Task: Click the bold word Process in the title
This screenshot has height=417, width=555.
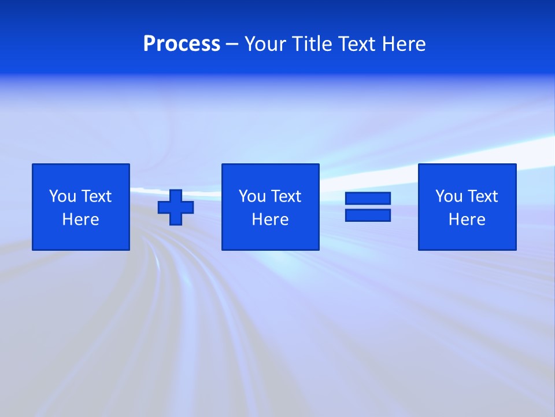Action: pyautogui.click(x=182, y=44)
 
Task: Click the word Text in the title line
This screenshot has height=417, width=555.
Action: pyautogui.click(x=358, y=44)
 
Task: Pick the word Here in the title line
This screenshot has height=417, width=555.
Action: pyautogui.click(x=404, y=44)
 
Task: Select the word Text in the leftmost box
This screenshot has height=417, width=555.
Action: pyautogui.click(x=96, y=196)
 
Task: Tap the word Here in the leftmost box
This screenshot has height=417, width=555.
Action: pyautogui.click(x=80, y=220)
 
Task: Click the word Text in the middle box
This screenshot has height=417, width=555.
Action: pyautogui.click(x=286, y=196)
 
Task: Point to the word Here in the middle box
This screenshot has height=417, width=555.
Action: pyautogui.click(x=270, y=220)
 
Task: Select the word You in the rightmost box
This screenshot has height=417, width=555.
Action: pyautogui.click(x=449, y=196)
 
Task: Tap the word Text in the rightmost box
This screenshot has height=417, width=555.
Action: pyautogui.click(x=482, y=196)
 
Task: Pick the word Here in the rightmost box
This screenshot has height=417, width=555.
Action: pyautogui.click(x=467, y=220)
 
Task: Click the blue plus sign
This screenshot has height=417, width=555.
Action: pyautogui.click(x=176, y=207)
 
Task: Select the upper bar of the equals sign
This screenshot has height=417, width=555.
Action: pyautogui.click(x=368, y=199)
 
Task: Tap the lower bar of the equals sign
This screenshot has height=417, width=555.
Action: pyautogui.click(x=368, y=215)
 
